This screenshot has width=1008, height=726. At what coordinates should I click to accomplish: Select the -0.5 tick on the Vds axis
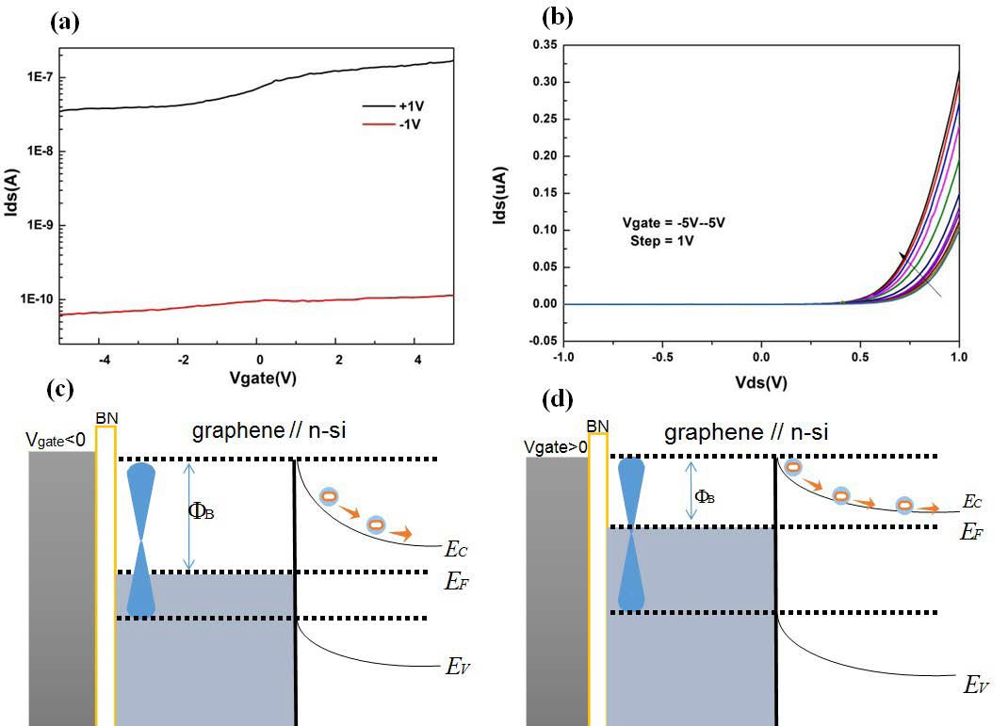pyautogui.click(x=660, y=358)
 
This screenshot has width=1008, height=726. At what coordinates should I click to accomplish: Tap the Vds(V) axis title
pyautogui.click(x=761, y=383)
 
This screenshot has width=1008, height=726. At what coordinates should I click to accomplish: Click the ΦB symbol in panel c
pyautogui.click(x=201, y=513)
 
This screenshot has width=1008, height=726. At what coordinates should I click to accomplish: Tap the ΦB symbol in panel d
pyautogui.click(x=703, y=496)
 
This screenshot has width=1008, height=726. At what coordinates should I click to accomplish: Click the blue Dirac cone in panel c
pyautogui.click(x=140, y=539)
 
